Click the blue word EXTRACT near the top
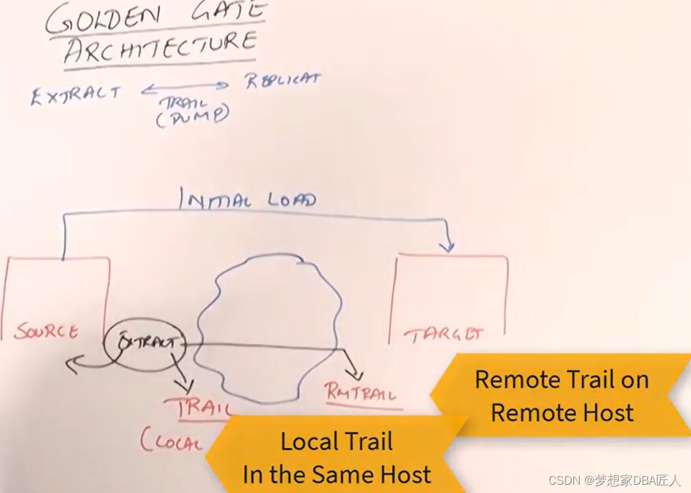tap(75, 94)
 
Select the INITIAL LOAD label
tap(247, 200)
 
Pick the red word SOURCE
tap(47, 331)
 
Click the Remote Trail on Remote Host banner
tap(561, 396)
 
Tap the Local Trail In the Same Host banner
tap(336, 457)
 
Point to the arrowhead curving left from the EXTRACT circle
tap(70, 366)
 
